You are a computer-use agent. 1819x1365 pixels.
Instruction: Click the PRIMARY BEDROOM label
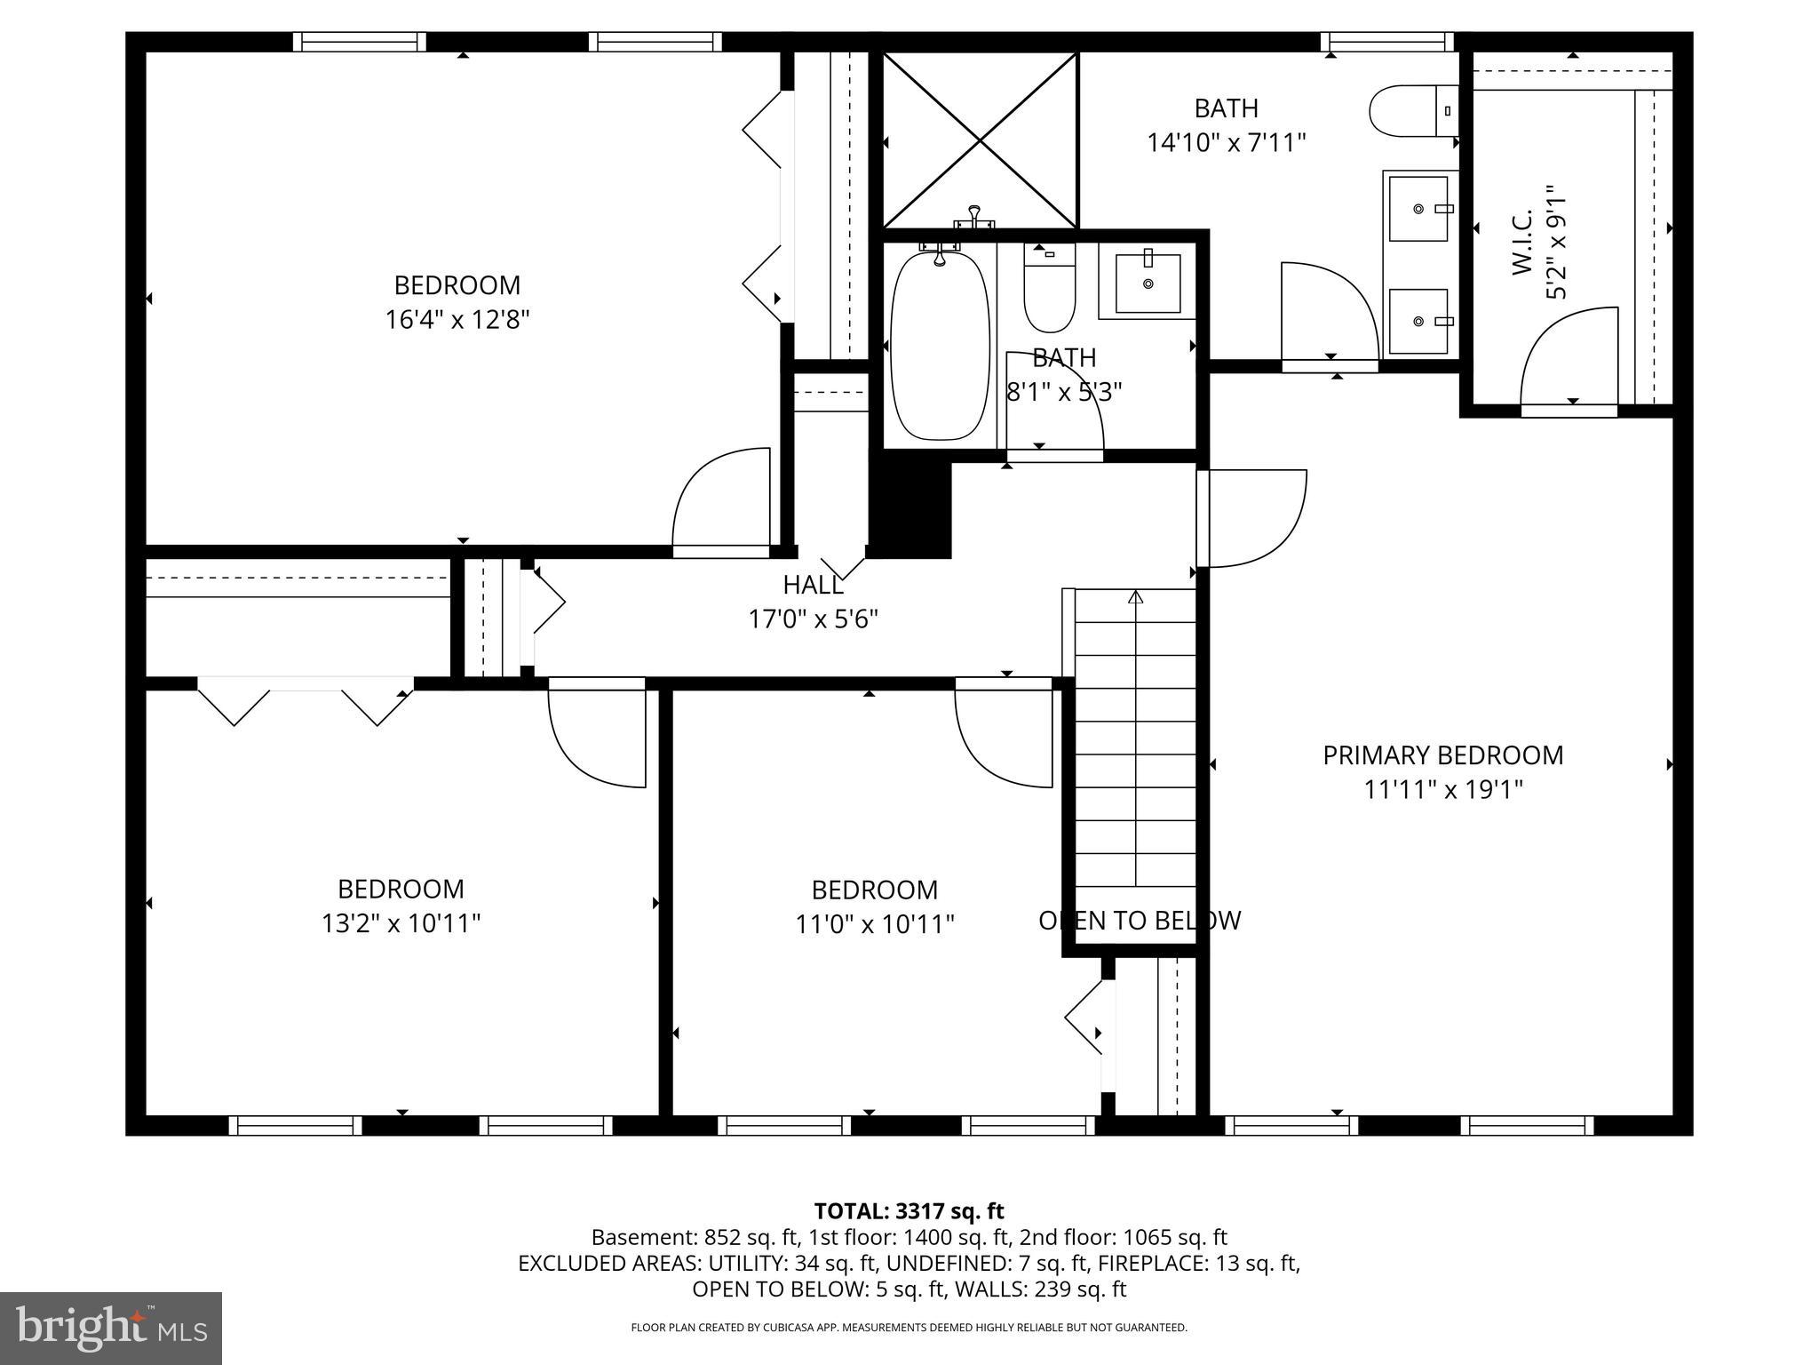tap(1442, 755)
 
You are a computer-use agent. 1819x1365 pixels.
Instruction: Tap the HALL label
tap(813, 585)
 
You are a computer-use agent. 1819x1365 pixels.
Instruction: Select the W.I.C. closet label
tap(1522, 242)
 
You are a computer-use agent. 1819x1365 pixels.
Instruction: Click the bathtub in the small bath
tap(940, 345)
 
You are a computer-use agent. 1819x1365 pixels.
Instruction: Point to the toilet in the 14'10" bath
tap(1412, 111)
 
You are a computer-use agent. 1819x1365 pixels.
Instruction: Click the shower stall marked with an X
tap(980, 140)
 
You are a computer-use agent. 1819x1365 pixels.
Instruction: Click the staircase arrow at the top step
tap(1135, 597)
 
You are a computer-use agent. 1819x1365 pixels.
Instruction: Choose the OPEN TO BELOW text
tap(1140, 921)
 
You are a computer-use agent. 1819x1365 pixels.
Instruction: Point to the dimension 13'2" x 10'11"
tap(401, 924)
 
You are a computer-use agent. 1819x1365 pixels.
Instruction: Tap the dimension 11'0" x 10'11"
tap(874, 925)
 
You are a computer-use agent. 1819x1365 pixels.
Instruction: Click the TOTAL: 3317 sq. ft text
tap(909, 1211)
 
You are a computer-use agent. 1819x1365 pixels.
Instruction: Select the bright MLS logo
tap(111, 1328)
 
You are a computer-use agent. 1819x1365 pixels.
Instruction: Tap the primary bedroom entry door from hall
tap(1252, 518)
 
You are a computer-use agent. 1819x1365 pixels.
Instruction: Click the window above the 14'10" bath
tap(1386, 42)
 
